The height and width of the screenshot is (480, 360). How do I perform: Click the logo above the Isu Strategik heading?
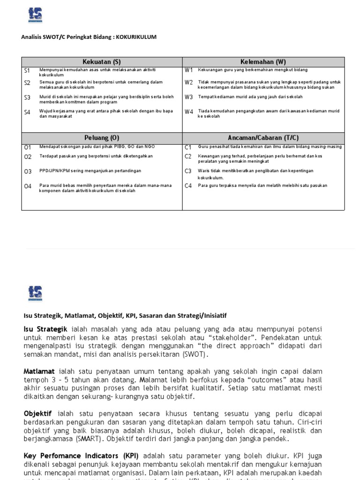pyautogui.click(x=35, y=293)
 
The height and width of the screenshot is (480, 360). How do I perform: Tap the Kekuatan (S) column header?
pyautogui.click(x=102, y=62)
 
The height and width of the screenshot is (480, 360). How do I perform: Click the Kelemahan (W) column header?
pyautogui.click(x=263, y=62)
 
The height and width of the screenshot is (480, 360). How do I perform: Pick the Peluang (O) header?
pyautogui.click(x=102, y=138)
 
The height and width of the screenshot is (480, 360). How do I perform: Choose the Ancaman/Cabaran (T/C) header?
pyautogui.click(x=263, y=138)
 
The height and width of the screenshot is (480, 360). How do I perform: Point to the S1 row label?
pyautogui.click(x=27, y=70)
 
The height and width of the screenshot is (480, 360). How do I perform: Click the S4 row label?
pyautogui.click(x=27, y=112)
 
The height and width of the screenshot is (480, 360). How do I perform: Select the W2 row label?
pyautogui.click(x=189, y=82)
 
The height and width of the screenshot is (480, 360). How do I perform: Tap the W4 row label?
pyautogui.click(x=189, y=112)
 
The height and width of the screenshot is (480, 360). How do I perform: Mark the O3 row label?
pyautogui.click(x=28, y=172)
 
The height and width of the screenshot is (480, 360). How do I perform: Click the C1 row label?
pyautogui.click(x=188, y=147)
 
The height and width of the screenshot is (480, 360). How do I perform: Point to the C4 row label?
pyautogui.click(x=188, y=186)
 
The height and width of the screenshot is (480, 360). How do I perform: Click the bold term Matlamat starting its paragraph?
pyautogui.click(x=39, y=371)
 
